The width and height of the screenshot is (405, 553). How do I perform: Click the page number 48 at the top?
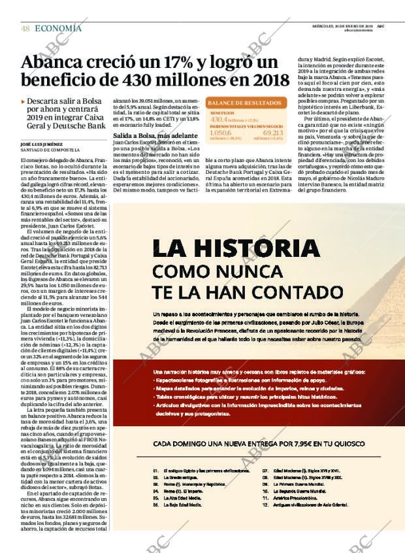click(x=25, y=28)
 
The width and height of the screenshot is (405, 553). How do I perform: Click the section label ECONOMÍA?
click(x=58, y=28)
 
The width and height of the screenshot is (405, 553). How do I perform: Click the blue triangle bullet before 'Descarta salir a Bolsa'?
click(x=24, y=102)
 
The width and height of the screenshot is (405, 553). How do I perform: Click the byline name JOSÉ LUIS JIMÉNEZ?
click(x=43, y=143)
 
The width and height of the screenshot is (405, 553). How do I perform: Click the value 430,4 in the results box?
click(x=219, y=120)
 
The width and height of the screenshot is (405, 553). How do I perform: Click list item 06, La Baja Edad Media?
click(x=186, y=505)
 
